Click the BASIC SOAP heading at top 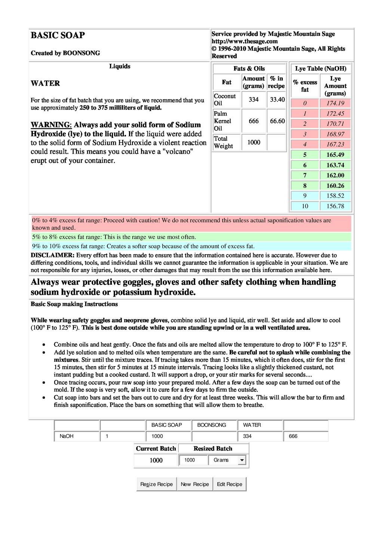(x=58, y=35)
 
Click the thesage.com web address (x=245, y=41)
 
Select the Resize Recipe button (x=156, y=484)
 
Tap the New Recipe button (x=195, y=484)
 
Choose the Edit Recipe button (x=229, y=484)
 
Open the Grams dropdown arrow (x=242, y=460)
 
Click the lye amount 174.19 (x=335, y=103)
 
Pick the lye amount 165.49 (x=335, y=155)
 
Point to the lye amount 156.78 (x=335, y=206)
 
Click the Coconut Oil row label (x=225, y=100)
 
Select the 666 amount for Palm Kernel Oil (x=254, y=121)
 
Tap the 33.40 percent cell (x=277, y=100)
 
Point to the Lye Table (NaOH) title (x=321, y=69)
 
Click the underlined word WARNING (x=50, y=125)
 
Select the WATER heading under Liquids (x=45, y=83)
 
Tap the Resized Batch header (x=213, y=449)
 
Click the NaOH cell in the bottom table (x=67, y=436)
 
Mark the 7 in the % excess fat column (x=305, y=175)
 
